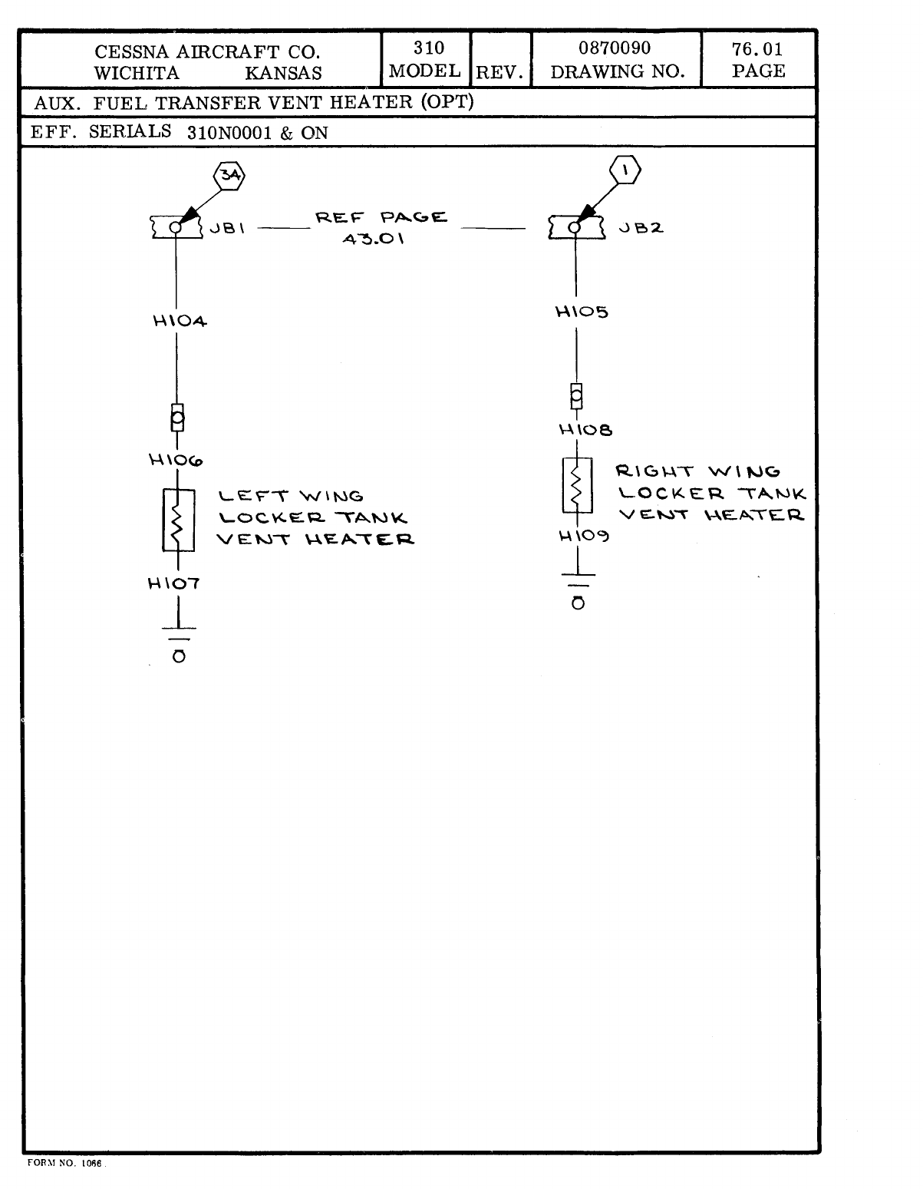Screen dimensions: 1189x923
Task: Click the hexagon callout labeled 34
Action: pos(229,175)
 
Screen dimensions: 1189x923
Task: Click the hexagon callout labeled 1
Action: pos(625,170)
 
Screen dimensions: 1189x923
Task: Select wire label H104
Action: pos(180,322)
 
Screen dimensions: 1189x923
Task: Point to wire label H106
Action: pos(176,461)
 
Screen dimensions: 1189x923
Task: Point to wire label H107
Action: pos(173,583)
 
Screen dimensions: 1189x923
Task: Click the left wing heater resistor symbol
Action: pos(178,520)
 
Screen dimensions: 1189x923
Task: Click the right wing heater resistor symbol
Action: pos(577,485)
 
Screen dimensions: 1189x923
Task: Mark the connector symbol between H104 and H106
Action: pos(177,418)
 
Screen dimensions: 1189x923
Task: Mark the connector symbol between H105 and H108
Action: pos(576,396)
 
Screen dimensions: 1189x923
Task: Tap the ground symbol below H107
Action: pos(178,643)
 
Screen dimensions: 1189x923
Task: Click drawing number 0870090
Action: pos(615,48)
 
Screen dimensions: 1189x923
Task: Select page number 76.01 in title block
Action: pos(757,50)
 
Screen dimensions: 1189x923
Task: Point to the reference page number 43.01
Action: pos(373,239)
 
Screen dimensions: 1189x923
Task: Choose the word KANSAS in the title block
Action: pos(283,74)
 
